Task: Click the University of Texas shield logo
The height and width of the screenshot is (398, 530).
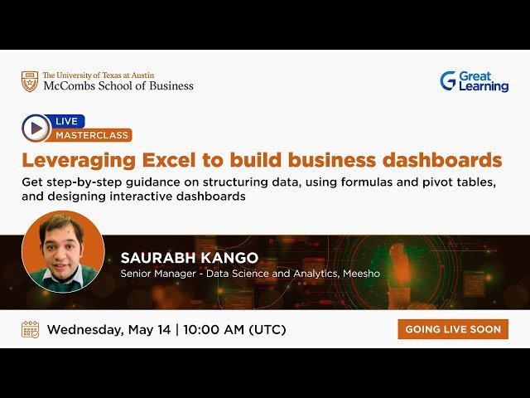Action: (x=30, y=81)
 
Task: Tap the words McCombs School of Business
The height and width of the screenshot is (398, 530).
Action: (x=118, y=85)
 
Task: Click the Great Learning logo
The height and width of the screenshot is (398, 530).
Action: (x=474, y=81)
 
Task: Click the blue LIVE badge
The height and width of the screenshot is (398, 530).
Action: (x=66, y=121)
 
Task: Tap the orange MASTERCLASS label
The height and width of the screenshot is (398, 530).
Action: (x=93, y=135)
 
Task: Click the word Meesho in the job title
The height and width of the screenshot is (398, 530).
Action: (x=360, y=273)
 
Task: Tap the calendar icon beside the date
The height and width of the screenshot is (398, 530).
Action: (x=30, y=329)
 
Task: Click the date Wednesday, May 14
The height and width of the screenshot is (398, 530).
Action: (x=108, y=329)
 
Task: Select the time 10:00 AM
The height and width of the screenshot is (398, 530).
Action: (x=214, y=329)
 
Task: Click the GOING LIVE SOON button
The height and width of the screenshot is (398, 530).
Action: (x=453, y=329)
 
